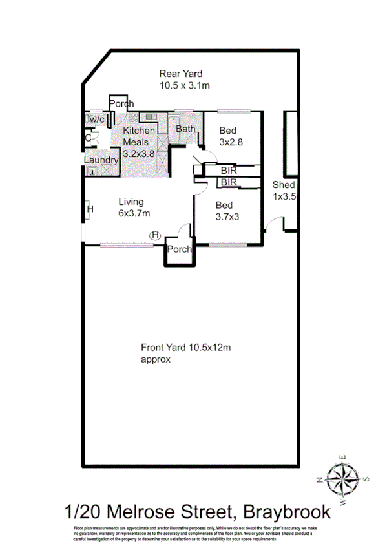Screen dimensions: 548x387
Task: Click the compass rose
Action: tap(343, 479)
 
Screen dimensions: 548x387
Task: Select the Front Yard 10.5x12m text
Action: tap(186, 348)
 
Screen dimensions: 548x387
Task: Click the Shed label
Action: tap(284, 185)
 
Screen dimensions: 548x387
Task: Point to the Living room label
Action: tap(131, 202)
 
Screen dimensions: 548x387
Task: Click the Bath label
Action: tap(185, 129)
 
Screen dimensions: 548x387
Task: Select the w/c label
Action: tap(97, 120)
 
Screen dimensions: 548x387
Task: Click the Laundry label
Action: tap(100, 160)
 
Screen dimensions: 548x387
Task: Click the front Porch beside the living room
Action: tap(179, 249)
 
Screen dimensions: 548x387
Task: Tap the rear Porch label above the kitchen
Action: tap(121, 103)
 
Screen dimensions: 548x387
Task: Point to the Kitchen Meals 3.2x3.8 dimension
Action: tap(140, 154)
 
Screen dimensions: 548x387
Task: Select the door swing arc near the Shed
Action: tap(274, 224)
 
